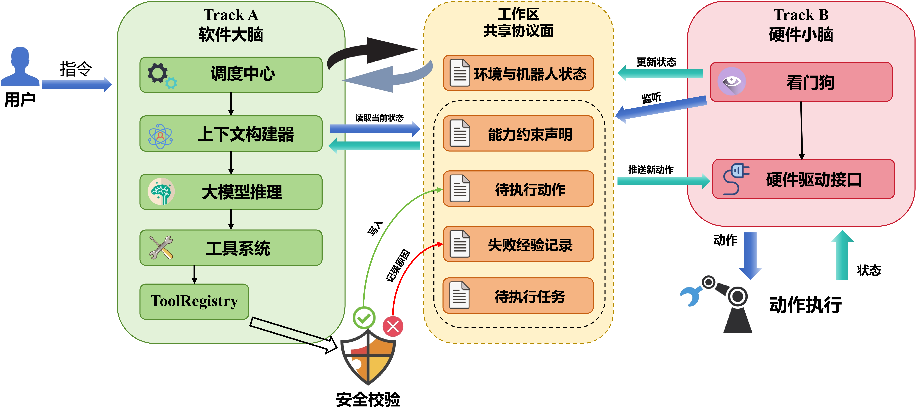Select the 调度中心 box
[x=231, y=75]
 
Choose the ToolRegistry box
[x=194, y=301]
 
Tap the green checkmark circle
[x=364, y=317]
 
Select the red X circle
[x=393, y=326]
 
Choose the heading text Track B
[x=801, y=15]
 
